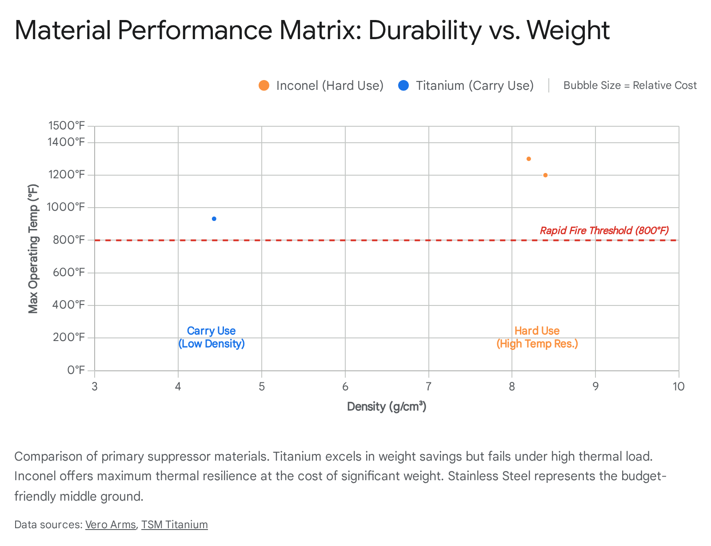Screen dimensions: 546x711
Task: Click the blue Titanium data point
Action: pos(214,219)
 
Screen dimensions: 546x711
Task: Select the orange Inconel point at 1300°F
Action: pos(529,159)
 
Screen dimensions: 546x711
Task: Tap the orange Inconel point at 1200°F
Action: pos(545,175)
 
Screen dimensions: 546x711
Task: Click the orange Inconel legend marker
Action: pos(264,85)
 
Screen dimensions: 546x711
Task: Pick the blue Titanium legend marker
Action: pos(403,85)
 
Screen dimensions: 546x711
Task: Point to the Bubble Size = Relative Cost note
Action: pos(630,85)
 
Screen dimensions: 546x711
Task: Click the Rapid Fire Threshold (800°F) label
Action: pos(604,230)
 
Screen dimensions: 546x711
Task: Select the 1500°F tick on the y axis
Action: pos(67,126)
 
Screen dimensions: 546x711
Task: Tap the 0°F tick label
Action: pos(76,370)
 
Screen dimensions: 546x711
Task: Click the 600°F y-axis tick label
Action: pos(69,272)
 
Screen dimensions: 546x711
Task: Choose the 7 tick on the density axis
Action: pos(428,386)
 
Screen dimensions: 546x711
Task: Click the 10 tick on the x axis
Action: pos(678,386)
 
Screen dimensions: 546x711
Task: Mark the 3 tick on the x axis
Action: pos(95,386)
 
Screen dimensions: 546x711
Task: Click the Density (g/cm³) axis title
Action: pos(387,406)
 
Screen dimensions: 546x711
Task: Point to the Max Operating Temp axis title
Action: pos(33,249)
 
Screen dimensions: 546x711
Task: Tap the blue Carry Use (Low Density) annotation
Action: pos(212,337)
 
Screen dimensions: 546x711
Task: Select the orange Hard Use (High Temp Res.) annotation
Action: pos(537,337)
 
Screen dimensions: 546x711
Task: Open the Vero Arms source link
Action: pos(110,525)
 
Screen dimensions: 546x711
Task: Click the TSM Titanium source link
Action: pos(174,525)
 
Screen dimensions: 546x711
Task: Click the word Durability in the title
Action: pos(424,30)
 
